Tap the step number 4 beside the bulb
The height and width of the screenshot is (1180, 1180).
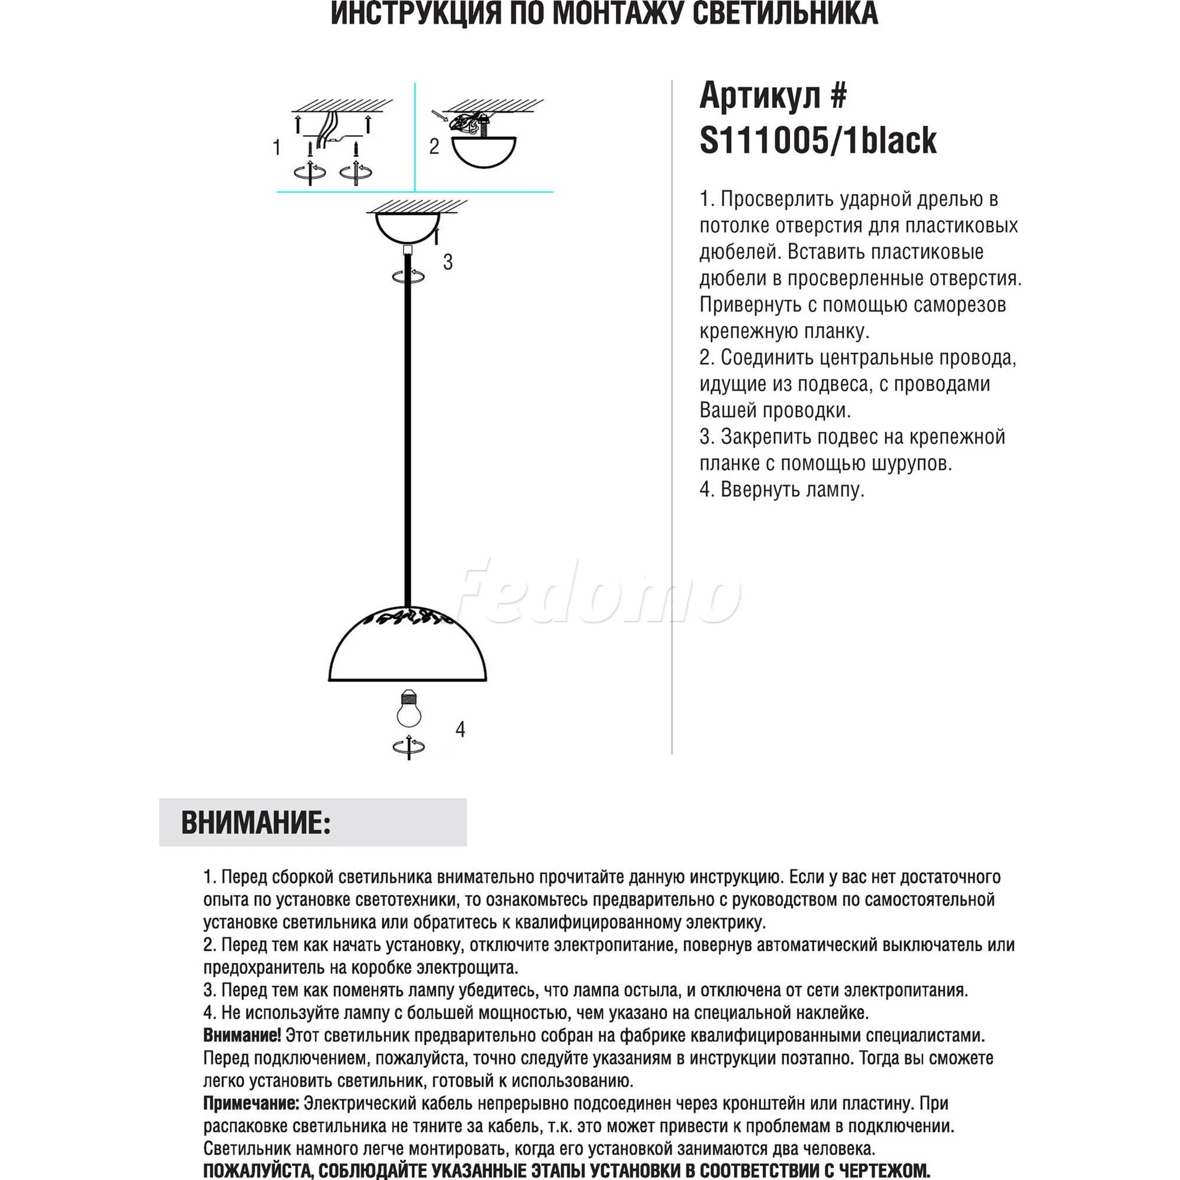click(460, 729)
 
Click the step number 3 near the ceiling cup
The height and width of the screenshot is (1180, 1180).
click(448, 262)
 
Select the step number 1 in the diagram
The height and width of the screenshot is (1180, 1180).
click(277, 147)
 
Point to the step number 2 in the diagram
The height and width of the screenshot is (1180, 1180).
click(434, 146)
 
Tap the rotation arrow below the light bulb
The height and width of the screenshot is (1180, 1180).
click(409, 746)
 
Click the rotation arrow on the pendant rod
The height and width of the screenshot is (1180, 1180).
click(409, 276)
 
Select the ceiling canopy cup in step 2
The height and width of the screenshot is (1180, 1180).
click(483, 152)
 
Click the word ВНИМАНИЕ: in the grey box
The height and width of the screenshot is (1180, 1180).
click(256, 822)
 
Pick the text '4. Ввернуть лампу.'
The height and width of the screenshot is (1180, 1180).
click(782, 490)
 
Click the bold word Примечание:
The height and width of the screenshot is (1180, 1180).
click(251, 1103)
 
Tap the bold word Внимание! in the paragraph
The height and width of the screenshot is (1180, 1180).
click(242, 1035)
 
